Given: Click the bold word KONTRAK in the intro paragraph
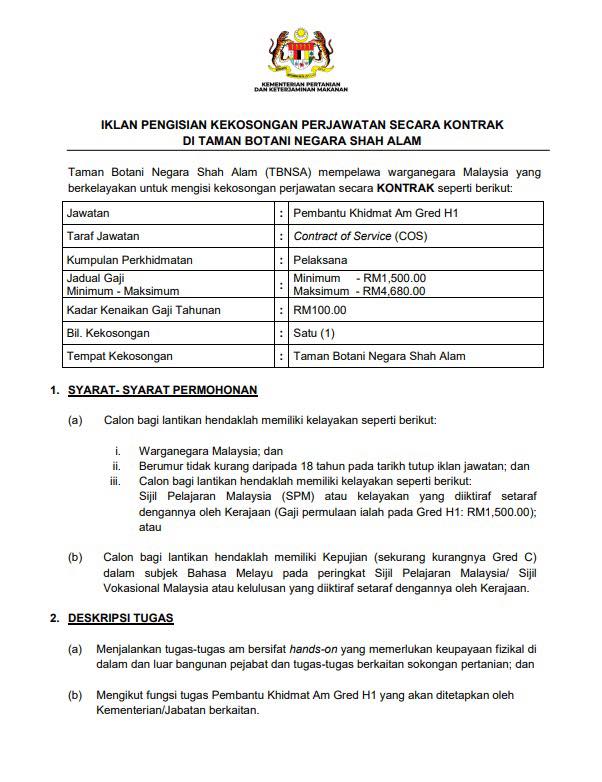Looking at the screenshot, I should (x=406, y=187).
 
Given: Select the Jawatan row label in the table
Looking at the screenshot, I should (x=88, y=213).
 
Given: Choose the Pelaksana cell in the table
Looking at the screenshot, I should (x=320, y=260).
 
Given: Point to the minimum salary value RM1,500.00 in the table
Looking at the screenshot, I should (x=395, y=278).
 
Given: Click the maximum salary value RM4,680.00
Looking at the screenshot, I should (x=395, y=291).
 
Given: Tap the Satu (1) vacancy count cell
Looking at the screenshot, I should (x=315, y=333).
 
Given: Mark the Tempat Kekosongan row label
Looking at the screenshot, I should (x=119, y=356).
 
